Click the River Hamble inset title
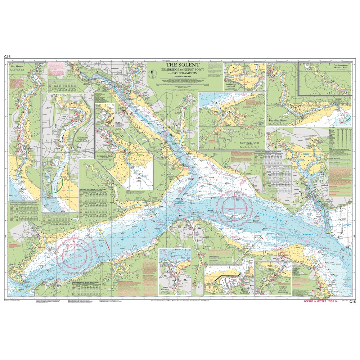17,67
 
